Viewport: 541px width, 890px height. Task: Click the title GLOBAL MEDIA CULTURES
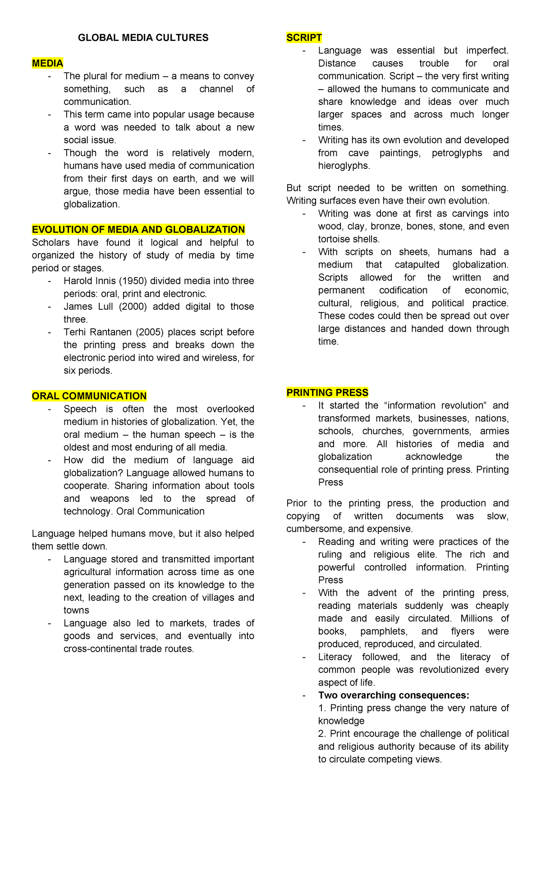point(143,38)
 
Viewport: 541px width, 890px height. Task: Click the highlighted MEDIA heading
point(47,63)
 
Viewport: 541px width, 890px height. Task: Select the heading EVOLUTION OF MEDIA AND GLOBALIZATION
point(138,230)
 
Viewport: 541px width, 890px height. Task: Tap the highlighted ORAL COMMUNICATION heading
point(89,396)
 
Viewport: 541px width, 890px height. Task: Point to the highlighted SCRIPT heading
point(304,38)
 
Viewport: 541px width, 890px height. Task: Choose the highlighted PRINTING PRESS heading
point(327,392)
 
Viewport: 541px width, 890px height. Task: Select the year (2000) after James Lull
point(131,307)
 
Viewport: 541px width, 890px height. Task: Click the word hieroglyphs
point(343,166)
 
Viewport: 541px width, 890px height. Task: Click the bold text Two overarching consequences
point(393,695)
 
